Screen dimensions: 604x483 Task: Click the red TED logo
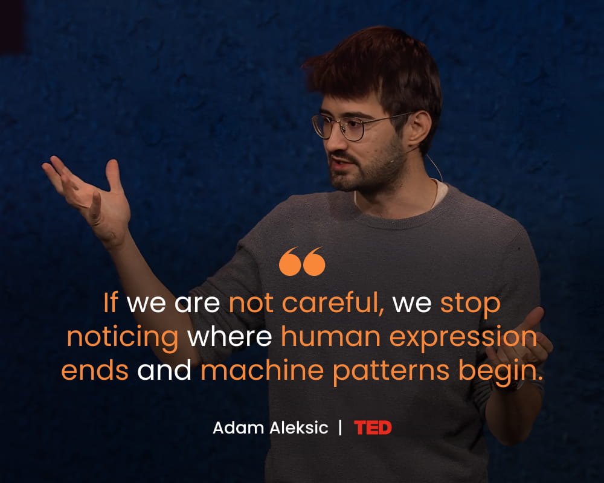(x=373, y=427)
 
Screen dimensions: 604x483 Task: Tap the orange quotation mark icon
(x=302, y=261)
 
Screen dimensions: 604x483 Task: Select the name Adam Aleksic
(x=271, y=427)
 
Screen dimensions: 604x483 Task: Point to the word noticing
(x=123, y=337)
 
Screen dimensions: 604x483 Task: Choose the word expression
(x=463, y=337)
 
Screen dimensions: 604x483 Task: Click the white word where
(x=230, y=337)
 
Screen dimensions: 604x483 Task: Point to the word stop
(x=470, y=305)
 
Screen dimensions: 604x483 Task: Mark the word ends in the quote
(x=95, y=370)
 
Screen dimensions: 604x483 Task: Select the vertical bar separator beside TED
(x=340, y=427)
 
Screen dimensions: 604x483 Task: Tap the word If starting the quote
(x=110, y=302)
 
